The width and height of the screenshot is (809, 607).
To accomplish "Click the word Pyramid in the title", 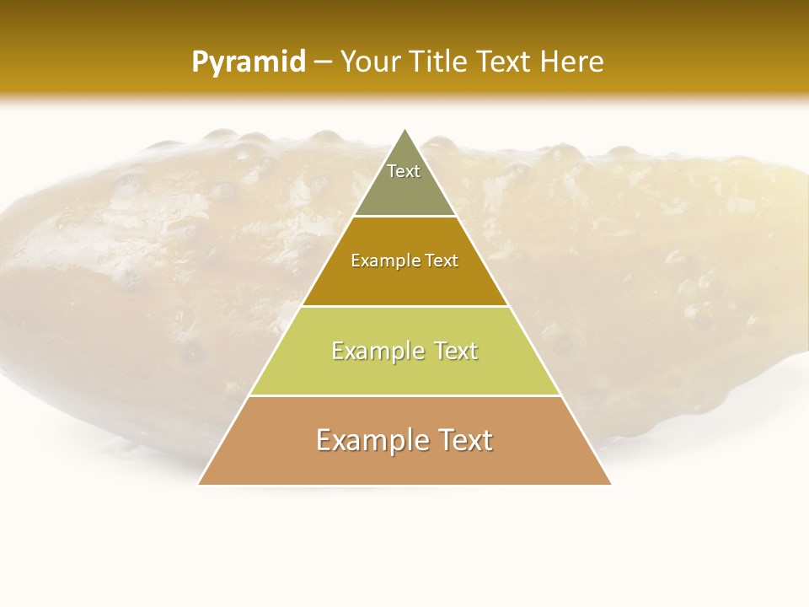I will (x=249, y=62).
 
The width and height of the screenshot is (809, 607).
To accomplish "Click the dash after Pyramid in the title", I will (x=323, y=62).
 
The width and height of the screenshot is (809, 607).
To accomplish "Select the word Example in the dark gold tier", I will (x=384, y=261).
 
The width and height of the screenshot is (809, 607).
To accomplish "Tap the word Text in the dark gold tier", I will (x=440, y=261).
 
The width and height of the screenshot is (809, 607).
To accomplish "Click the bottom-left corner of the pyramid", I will (x=199, y=484).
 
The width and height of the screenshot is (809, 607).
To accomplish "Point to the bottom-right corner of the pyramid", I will (x=610, y=484).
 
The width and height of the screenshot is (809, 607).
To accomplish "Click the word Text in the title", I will (x=504, y=62).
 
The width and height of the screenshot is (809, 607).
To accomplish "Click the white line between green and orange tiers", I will (x=404, y=395).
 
